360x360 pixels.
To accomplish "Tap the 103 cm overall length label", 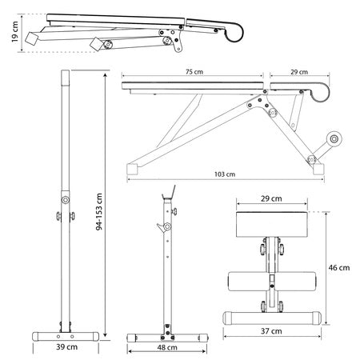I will pos(225,174).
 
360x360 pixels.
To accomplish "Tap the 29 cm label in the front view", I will pos(271,198).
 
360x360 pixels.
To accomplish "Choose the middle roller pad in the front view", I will pos(271,280).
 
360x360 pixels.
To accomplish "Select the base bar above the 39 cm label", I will pos(65,334).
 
